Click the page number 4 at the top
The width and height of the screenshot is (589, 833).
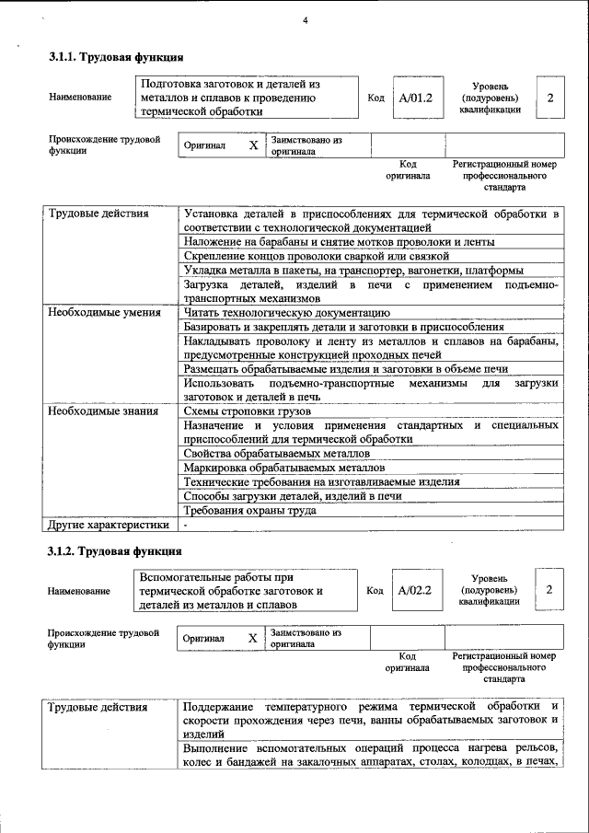pos(305,21)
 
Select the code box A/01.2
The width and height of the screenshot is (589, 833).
pos(416,98)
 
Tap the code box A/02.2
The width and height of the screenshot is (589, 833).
pos(416,590)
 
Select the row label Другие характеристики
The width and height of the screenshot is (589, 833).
pos(108,525)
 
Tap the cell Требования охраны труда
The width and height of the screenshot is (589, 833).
pos(250,510)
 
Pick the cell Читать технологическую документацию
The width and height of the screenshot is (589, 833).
pos(275,313)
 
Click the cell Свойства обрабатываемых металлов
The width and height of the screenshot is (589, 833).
pos(271,454)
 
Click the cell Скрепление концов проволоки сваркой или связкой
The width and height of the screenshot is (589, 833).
pos(316,256)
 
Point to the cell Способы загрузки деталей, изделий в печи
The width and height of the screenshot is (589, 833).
pos(293,496)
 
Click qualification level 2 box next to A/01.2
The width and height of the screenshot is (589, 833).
pos(549,98)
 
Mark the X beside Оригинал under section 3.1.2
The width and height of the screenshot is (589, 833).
pos(253,639)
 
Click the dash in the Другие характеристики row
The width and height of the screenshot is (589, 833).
pos(186,525)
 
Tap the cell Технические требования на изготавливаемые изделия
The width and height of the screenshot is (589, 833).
pos(321,482)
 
